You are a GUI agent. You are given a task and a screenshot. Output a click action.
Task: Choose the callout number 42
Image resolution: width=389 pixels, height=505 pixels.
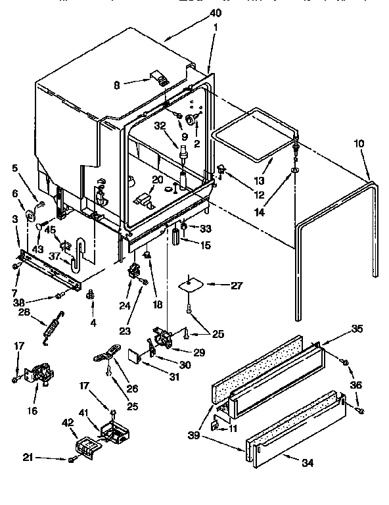pos(68,424)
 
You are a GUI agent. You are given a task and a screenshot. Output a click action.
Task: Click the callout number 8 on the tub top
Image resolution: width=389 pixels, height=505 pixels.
pos(116,84)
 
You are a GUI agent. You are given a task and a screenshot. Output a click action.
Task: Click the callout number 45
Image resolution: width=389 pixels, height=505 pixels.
pos(50,229)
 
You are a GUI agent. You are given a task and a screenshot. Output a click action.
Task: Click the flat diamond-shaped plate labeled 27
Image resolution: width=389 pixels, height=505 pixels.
pos(193,284)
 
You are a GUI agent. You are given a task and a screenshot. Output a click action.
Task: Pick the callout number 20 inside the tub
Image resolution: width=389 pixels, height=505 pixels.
pos(157,180)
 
